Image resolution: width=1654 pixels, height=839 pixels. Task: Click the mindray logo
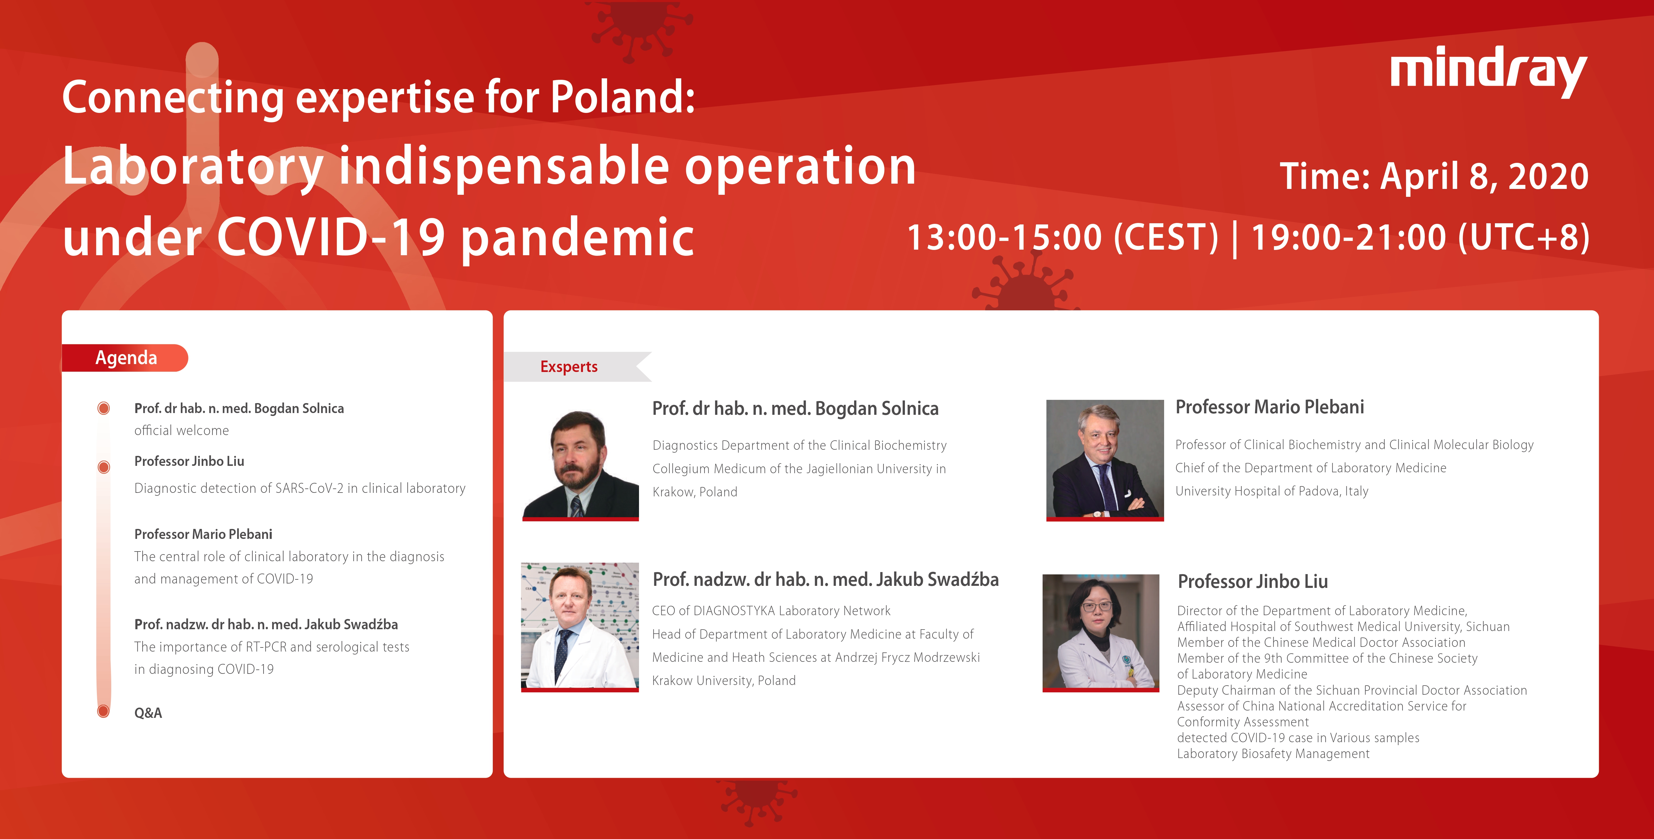(x=1488, y=71)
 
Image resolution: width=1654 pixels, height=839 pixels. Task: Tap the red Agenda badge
(x=125, y=358)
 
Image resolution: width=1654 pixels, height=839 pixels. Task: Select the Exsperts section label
(x=569, y=366)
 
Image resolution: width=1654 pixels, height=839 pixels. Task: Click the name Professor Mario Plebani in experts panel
(x=1269, y=407)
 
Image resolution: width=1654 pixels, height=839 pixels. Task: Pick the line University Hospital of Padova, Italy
(x=1271, y=491)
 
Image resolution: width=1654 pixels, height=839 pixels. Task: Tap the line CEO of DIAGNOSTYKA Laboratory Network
(x=771, y=610)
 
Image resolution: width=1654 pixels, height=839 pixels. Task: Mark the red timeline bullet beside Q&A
(x=103, y=711)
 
